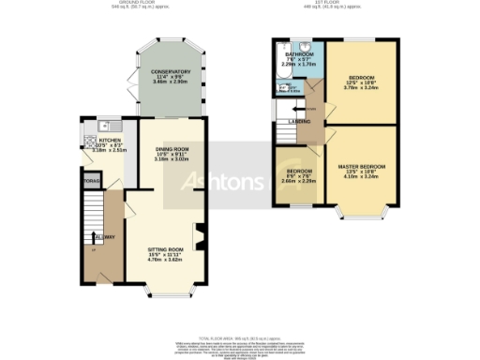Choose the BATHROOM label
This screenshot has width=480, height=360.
coord(292,54)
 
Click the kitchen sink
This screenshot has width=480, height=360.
coord(107,125)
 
